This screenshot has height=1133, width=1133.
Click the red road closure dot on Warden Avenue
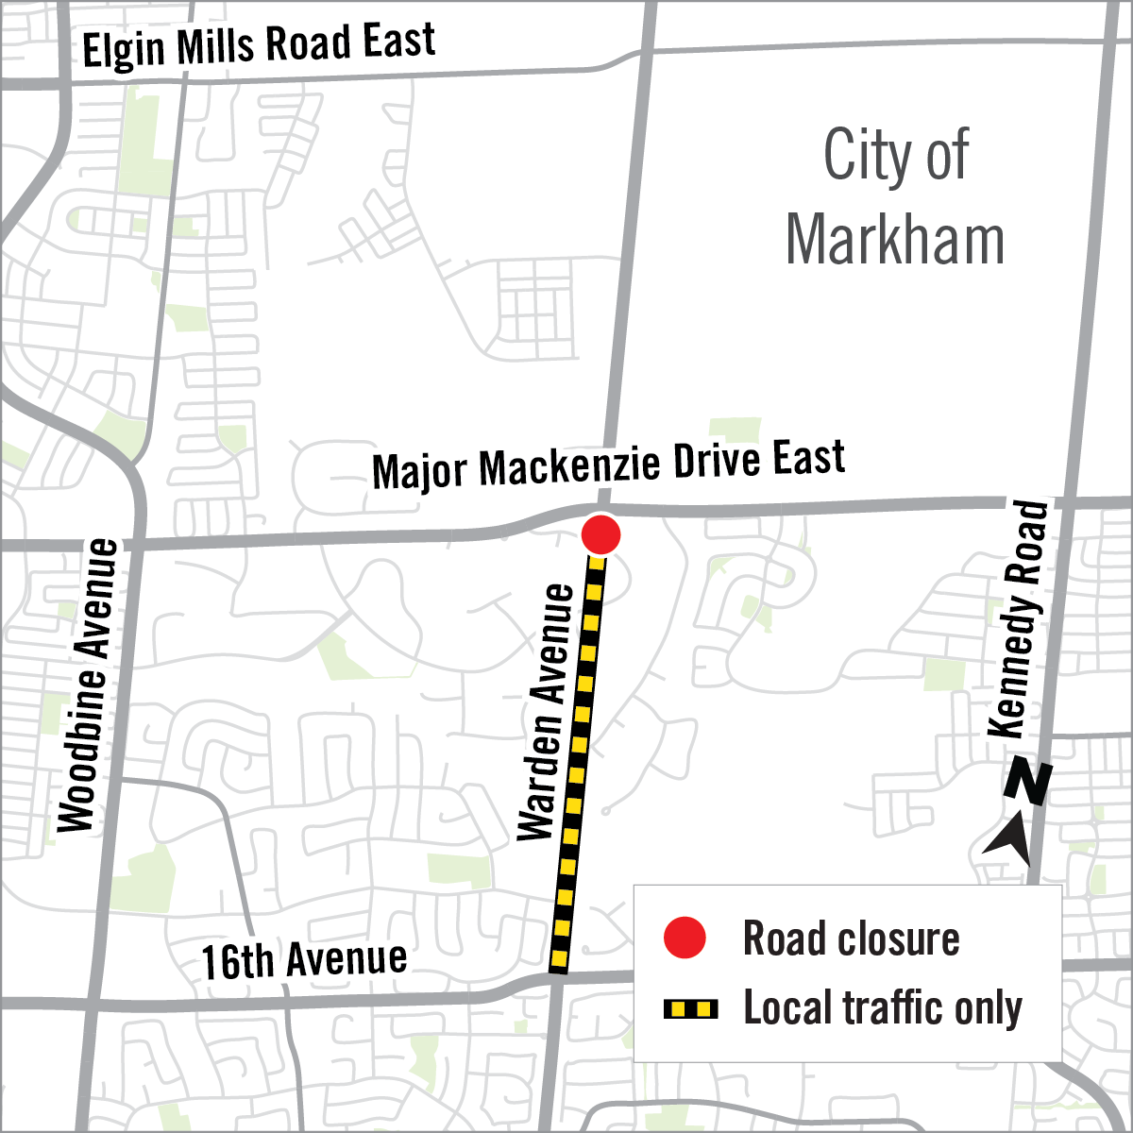(x=600, y=534)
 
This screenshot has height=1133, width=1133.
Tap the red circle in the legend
(x=685, y=938)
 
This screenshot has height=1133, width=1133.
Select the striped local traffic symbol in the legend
(x=691, y=1009)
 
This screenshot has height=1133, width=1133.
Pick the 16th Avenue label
(x=304, y=960)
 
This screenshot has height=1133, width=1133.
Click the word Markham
(x=894, y=240)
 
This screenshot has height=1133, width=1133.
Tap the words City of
(x=895, y=155)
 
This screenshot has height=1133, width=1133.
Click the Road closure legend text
(x=851, y=939)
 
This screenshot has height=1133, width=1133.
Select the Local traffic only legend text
(x=882, y=1008)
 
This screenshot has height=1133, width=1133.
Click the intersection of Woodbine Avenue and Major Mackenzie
(x=135, y=545)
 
